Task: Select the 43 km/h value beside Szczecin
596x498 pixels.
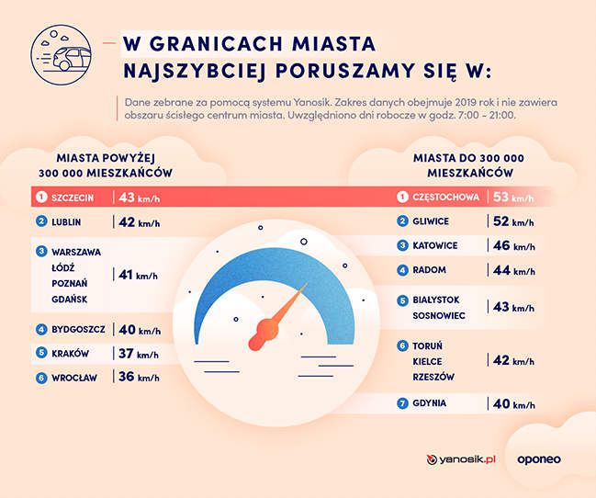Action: coord(139,197)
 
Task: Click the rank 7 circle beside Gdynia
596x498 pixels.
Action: coord(402,404)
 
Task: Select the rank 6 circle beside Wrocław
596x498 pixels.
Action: coord(41,377)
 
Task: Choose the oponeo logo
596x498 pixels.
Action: coord(539,459)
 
